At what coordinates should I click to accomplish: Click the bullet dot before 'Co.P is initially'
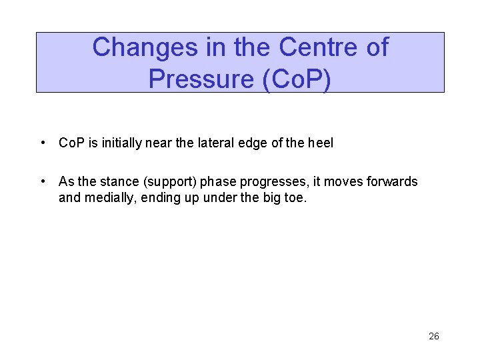pos(42,143)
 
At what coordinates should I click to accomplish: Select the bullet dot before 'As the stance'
pos(42,181)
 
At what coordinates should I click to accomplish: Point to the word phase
pos(219,182)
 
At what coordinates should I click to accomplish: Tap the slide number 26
pos(433,336)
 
